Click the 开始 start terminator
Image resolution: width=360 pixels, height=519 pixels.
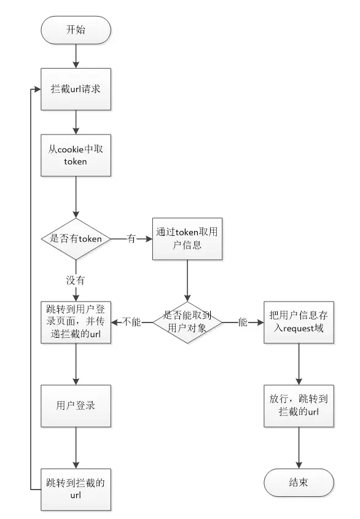(x=76, y=30)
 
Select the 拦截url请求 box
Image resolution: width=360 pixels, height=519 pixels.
(x=76, y=89)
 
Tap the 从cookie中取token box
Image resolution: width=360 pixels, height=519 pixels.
(x=76, y=155)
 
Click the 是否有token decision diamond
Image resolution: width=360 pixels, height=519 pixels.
(x=76, y=239)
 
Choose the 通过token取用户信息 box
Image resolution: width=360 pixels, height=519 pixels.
(x=187, y=239)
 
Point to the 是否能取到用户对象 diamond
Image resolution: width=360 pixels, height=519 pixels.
(x=187, y=322)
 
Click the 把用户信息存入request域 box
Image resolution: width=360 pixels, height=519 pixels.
(x=299, y=322)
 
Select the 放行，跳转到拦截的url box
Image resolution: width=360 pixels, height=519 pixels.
(x=299, y=406)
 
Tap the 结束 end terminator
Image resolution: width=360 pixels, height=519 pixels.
(x=299, y=483)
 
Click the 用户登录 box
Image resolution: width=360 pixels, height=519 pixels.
(x=76, y=406)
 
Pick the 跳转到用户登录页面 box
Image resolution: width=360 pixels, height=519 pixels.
(x=76, y=322)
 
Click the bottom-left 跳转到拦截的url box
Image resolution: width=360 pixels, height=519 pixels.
(x=76, y=490)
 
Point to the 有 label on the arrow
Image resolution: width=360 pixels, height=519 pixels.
(x=131, y=239)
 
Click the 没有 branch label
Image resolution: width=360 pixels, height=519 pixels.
(x=76, y=280)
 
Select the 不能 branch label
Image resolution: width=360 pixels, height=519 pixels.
(x=131, y=322)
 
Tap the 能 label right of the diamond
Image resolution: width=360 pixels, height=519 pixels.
(x=243, y=322)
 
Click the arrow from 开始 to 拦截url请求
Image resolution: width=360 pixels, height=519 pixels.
(x=76, y=57)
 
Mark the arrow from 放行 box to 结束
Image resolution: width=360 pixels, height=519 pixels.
(x=299, y=448)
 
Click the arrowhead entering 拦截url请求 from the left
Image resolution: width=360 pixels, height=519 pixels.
(x=37, y=90)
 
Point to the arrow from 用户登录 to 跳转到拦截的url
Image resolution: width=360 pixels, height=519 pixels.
(x=76, y=448)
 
